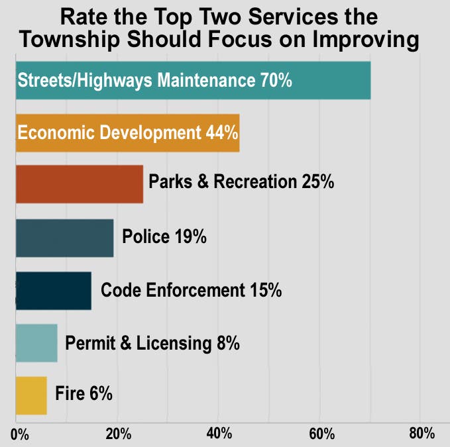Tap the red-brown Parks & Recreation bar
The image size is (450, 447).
point(79,184)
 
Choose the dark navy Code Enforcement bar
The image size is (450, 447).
point(53,291)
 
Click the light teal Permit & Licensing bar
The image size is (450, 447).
point(36,343)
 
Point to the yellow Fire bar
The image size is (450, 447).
point(31,395)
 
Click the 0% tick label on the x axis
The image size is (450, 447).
point(20,434)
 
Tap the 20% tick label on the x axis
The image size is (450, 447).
point(118,434)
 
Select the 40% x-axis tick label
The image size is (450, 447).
point(219,434)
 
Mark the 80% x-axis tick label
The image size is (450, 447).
point(421,434)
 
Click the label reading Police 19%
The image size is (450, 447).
point(164,236)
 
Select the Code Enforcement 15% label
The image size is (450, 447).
point(191,289)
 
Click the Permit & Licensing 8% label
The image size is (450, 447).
point(152,343)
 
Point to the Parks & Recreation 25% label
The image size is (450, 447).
point(241,181)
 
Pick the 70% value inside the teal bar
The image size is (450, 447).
point(274,81)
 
